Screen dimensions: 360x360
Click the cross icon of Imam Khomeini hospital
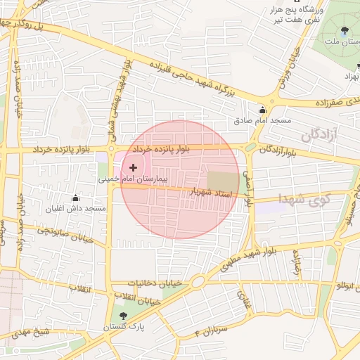click(133, 167)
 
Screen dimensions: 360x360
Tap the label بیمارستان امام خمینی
click(133, 180)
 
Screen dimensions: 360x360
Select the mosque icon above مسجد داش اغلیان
click(75, 198)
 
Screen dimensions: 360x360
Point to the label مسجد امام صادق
click(263, 121)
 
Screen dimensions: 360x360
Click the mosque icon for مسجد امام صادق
click(263, 110)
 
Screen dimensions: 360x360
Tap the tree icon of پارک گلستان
click(124, 316)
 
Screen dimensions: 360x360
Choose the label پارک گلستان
click(125, 327)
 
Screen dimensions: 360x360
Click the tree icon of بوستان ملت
click(344, 30)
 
